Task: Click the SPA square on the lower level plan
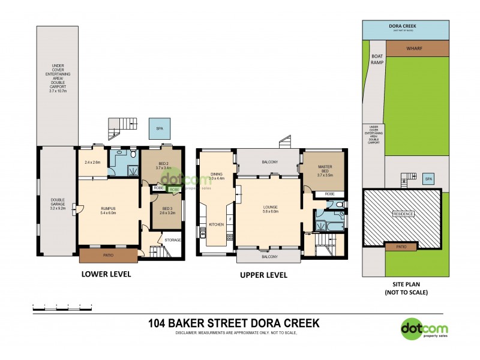tap(159, 128)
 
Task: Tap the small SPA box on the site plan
tap(428, 179)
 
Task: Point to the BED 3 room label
tap(164, 210)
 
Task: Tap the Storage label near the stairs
tap(173, 240)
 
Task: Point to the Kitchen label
tap(216, 224)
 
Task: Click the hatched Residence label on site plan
tap(403, 214)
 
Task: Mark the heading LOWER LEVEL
tap(106, 274)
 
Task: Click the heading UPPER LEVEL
tap(263, 275)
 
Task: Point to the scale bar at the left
tap(62, 308)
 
